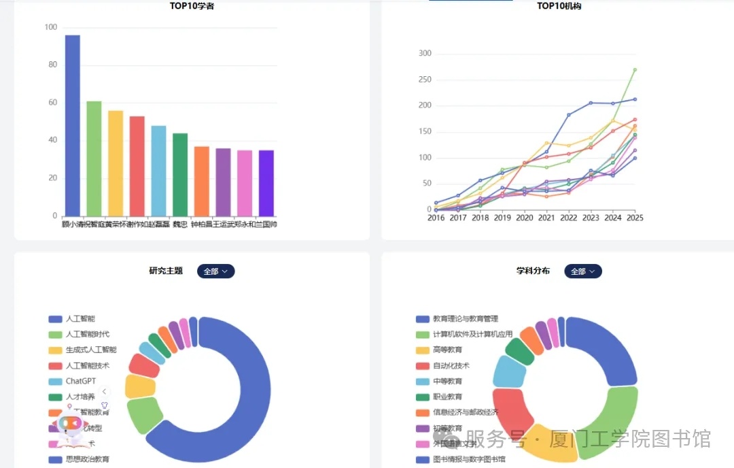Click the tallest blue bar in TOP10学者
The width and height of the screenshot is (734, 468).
72,125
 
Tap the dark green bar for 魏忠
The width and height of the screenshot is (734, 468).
180,174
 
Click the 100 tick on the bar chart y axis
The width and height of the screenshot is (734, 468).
51,27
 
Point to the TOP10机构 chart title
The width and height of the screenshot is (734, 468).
559,6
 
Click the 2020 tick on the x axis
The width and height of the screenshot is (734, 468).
524,218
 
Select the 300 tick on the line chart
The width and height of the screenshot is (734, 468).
425,54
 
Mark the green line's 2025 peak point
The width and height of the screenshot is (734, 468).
635,69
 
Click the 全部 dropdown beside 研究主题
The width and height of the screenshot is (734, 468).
215,271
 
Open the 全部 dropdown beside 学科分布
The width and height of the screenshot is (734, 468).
582,271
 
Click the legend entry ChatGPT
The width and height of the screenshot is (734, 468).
80,381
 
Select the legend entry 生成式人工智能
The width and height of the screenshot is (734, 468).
90,350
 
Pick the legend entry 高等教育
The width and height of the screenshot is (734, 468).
447,350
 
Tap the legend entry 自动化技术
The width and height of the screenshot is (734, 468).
451,365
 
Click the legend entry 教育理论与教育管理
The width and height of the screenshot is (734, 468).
465,318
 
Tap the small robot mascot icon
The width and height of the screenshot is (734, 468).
70,425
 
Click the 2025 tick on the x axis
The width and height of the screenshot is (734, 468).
635,218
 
